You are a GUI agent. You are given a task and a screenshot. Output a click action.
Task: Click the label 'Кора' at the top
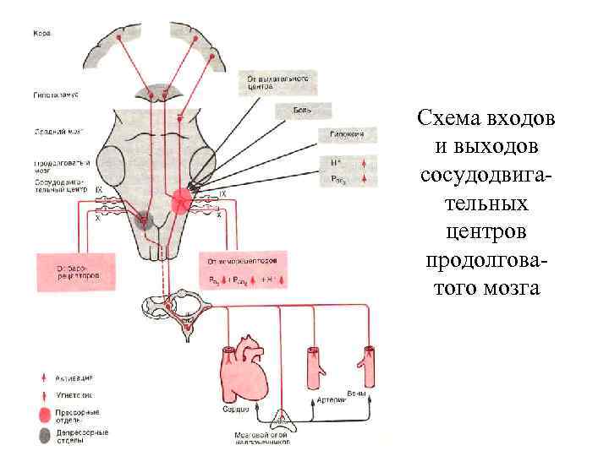click(41, 35)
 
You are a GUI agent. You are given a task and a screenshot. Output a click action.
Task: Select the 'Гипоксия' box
click(342, 135)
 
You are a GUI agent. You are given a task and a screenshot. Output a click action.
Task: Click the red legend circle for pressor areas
click(44, 415)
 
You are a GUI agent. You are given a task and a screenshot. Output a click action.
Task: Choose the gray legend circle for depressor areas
click(44, 437)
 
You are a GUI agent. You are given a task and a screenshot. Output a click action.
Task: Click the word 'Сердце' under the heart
click(238, 409)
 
